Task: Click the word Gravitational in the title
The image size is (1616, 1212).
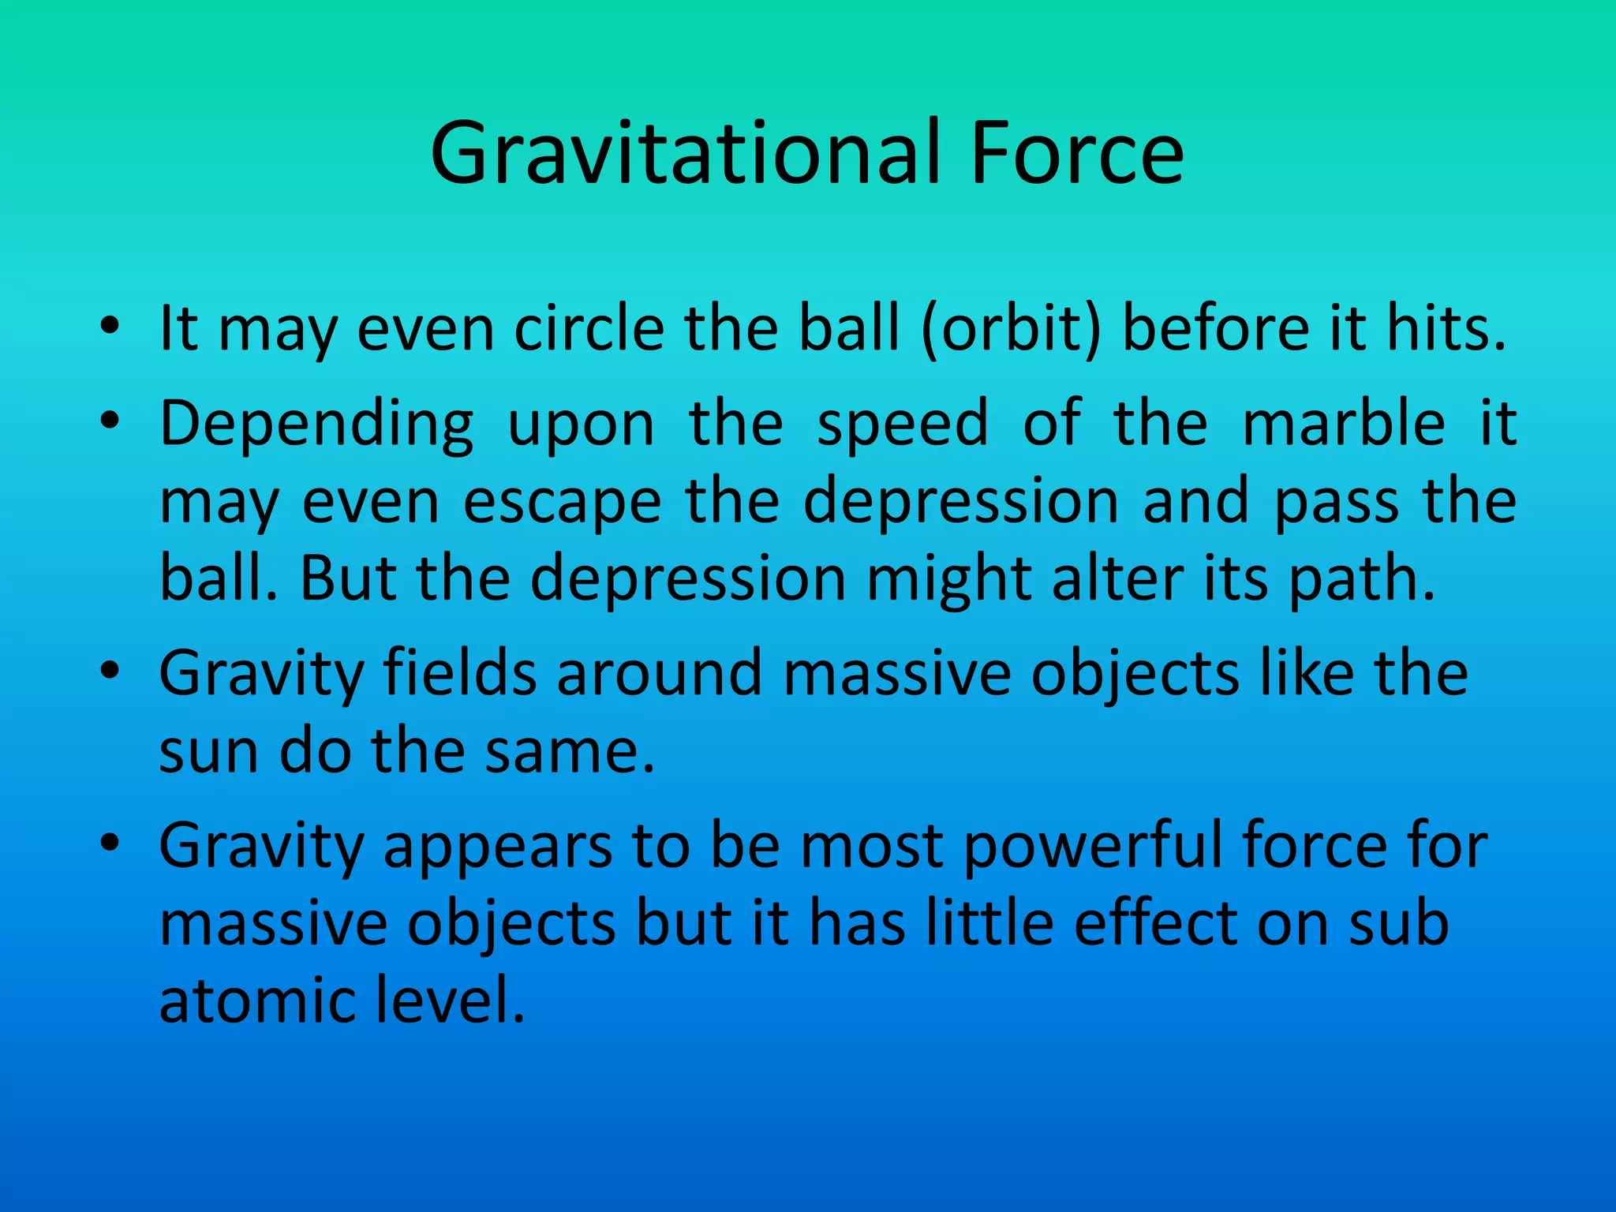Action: pos(685,154)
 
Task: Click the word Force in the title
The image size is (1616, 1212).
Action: pos(1077,154)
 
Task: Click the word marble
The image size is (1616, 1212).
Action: pos(1344,423)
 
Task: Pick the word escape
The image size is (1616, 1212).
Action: pos(562,502)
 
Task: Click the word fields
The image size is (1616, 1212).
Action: pos(458,673)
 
